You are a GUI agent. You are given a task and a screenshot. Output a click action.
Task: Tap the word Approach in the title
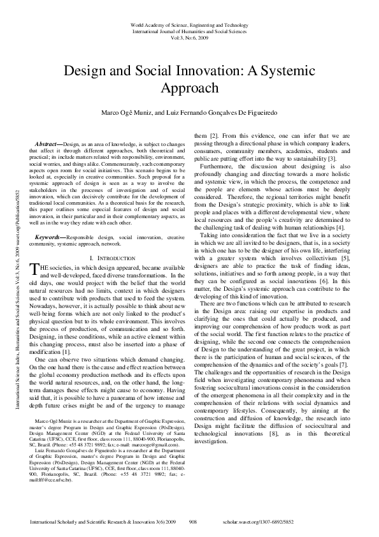[x=189, y=87]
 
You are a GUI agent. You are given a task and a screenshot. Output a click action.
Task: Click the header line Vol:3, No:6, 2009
[x=189, y=37]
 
